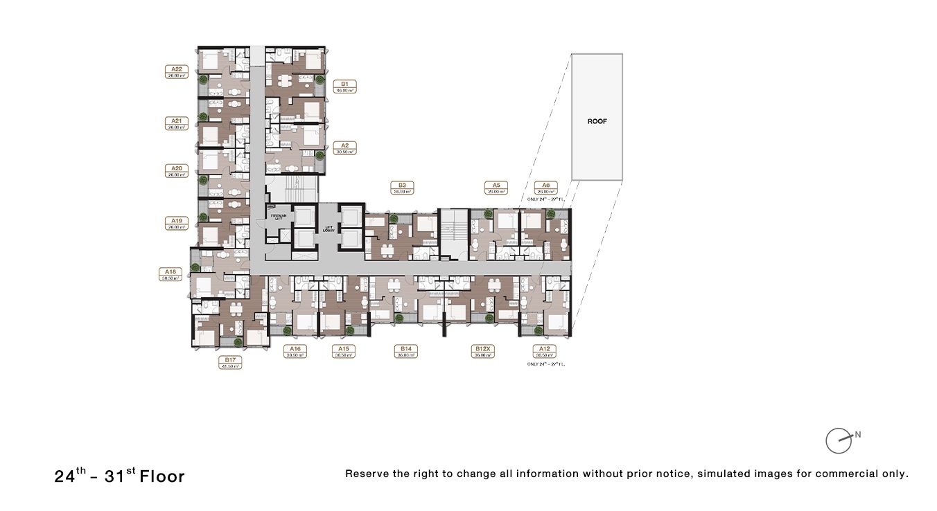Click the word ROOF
597,121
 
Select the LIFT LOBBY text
330,228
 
